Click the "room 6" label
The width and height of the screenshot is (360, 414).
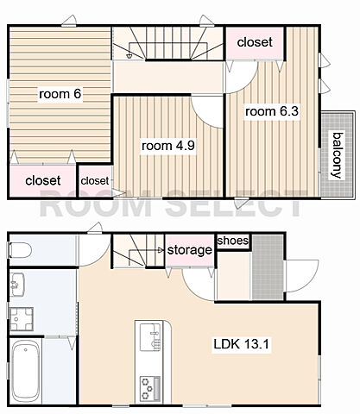60,94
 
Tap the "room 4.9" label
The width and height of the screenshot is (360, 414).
168,146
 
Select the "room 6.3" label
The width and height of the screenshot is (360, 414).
272,111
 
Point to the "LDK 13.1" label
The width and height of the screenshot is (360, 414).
241,344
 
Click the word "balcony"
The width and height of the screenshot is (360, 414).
338,155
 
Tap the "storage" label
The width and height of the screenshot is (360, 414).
190,250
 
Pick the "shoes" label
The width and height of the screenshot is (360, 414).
233,241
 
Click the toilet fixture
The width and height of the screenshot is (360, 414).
20,250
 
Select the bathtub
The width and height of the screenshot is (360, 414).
26,371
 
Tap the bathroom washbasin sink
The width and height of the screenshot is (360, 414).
17,285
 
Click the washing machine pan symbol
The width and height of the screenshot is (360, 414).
22,319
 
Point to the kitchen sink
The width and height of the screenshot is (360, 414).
150,337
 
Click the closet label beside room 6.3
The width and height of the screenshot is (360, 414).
255,42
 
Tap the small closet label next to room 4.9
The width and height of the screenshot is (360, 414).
95,181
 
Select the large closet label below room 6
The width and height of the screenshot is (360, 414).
43,181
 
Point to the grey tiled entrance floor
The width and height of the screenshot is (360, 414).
268,267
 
